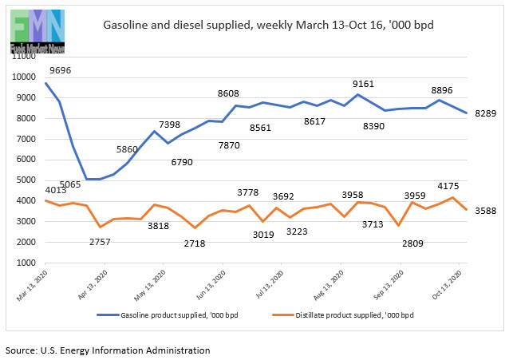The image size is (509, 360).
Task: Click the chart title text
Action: (268, 26)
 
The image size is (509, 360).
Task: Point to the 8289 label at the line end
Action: (483, 113)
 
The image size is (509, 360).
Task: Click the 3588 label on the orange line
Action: (483, 212)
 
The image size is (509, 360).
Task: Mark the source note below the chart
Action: (108, 350)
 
